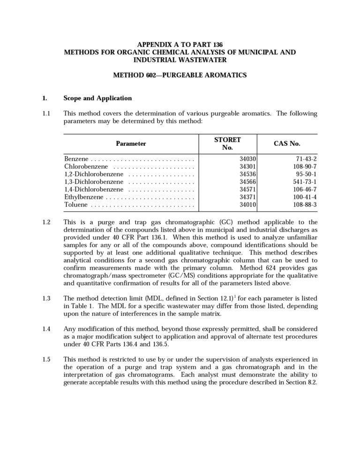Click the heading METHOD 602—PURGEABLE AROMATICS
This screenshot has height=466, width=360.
tap(180, 75)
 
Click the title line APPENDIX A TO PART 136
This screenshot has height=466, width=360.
tap(180, 45)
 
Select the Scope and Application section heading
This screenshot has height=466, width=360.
tap(97, 98)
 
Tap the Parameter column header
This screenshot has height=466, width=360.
tap(131, 143)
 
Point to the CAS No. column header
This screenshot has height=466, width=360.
tap(287, 143)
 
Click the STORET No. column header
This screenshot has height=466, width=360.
tap(227, 143)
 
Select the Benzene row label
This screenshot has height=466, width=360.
tap(77, 159)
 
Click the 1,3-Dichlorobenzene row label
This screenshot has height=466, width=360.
tap(94, 182)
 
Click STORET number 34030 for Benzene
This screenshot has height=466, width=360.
tap(247, 159)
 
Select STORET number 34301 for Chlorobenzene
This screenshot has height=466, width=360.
tap(247, 166)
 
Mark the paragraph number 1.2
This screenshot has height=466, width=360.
tap(46, 222)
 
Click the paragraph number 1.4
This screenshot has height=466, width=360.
tap(46, 329)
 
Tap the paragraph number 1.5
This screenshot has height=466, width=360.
tap(46, 360)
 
